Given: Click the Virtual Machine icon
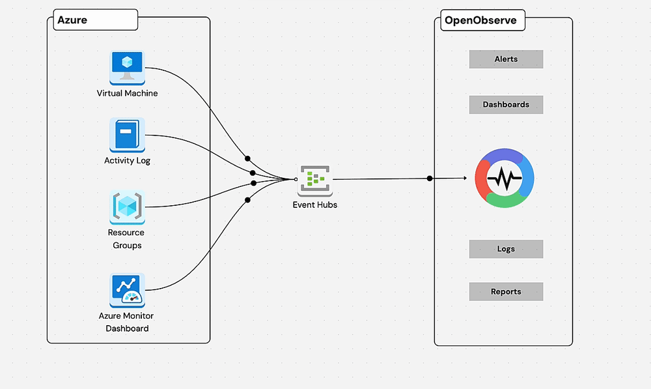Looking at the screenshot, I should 127,68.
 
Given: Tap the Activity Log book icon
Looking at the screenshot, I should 127,136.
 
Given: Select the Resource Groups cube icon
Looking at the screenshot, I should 127,207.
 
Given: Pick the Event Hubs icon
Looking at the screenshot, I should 315,180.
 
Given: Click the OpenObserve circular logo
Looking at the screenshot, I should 505,178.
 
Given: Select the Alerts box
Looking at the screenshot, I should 506,59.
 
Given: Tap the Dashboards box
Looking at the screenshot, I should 506,105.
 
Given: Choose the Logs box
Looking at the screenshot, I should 506,249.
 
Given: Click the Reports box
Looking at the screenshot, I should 506,292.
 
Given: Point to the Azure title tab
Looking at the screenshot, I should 96,20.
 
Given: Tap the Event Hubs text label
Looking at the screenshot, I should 315,205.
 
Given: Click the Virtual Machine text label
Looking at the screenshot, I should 127,93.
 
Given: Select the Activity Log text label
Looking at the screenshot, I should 127,160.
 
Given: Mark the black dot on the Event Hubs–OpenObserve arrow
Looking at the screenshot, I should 430,179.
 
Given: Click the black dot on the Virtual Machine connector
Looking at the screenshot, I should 247,158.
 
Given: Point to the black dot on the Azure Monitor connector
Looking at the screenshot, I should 247,200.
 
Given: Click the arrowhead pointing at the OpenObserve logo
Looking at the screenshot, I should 465,178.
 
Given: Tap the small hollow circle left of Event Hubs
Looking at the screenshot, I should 296,179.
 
